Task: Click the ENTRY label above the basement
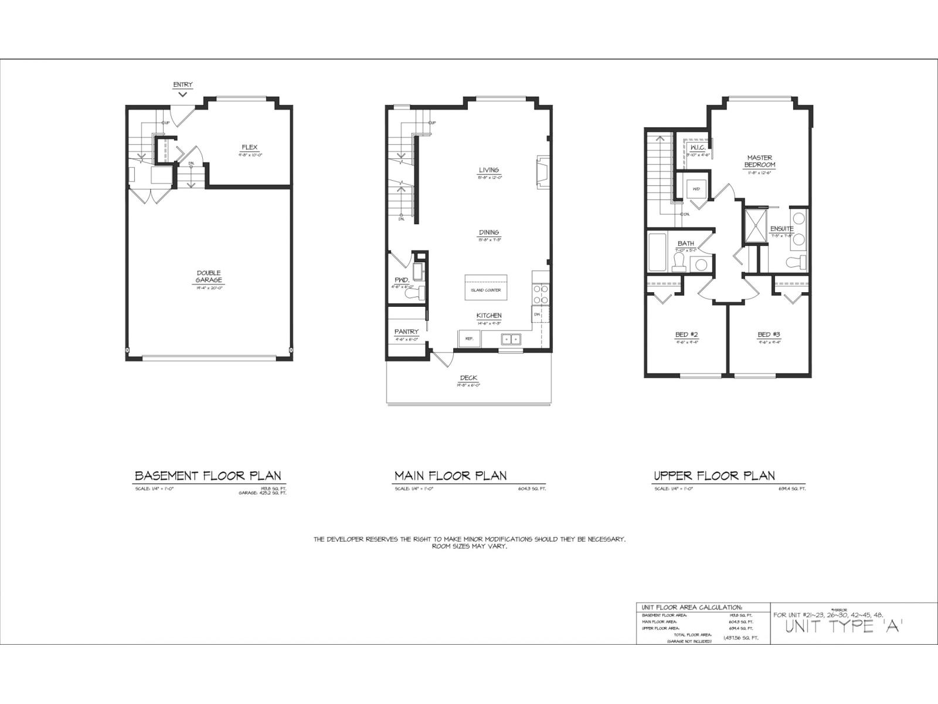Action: pos(182,85)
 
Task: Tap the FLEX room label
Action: pos(249,147)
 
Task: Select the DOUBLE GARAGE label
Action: pos(209,276)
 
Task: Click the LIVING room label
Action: pos(488,170)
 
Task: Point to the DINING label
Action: pos(488,232)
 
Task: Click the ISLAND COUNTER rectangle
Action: pos(486,288)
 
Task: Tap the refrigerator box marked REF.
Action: pos(469,339)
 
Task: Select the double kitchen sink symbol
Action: pos(511,339)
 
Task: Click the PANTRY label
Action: pos(406,332)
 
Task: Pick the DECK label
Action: pos(468,378)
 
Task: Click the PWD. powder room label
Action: pos(401,280)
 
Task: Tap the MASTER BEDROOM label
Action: pos(759,161)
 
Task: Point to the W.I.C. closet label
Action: pos(697,147)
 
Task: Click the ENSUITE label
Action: pos(782,229)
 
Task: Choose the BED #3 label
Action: pos(769,335)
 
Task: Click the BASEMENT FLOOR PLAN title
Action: pos(208,476)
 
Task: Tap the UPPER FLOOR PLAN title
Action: pos(714,476)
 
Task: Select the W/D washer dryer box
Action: pos(696,189)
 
